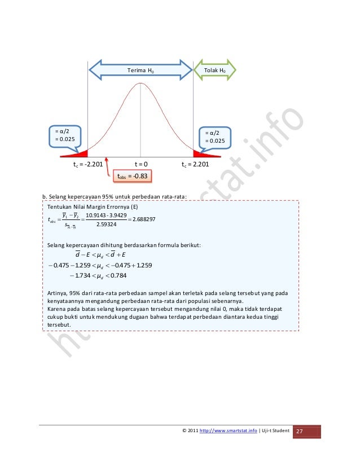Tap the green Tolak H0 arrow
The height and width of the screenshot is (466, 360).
coord(214,71)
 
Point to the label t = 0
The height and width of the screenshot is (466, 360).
coord(141,164)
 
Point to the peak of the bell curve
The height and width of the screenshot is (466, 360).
coord(140,83)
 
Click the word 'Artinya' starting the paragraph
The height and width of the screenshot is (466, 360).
coord(56,292)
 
